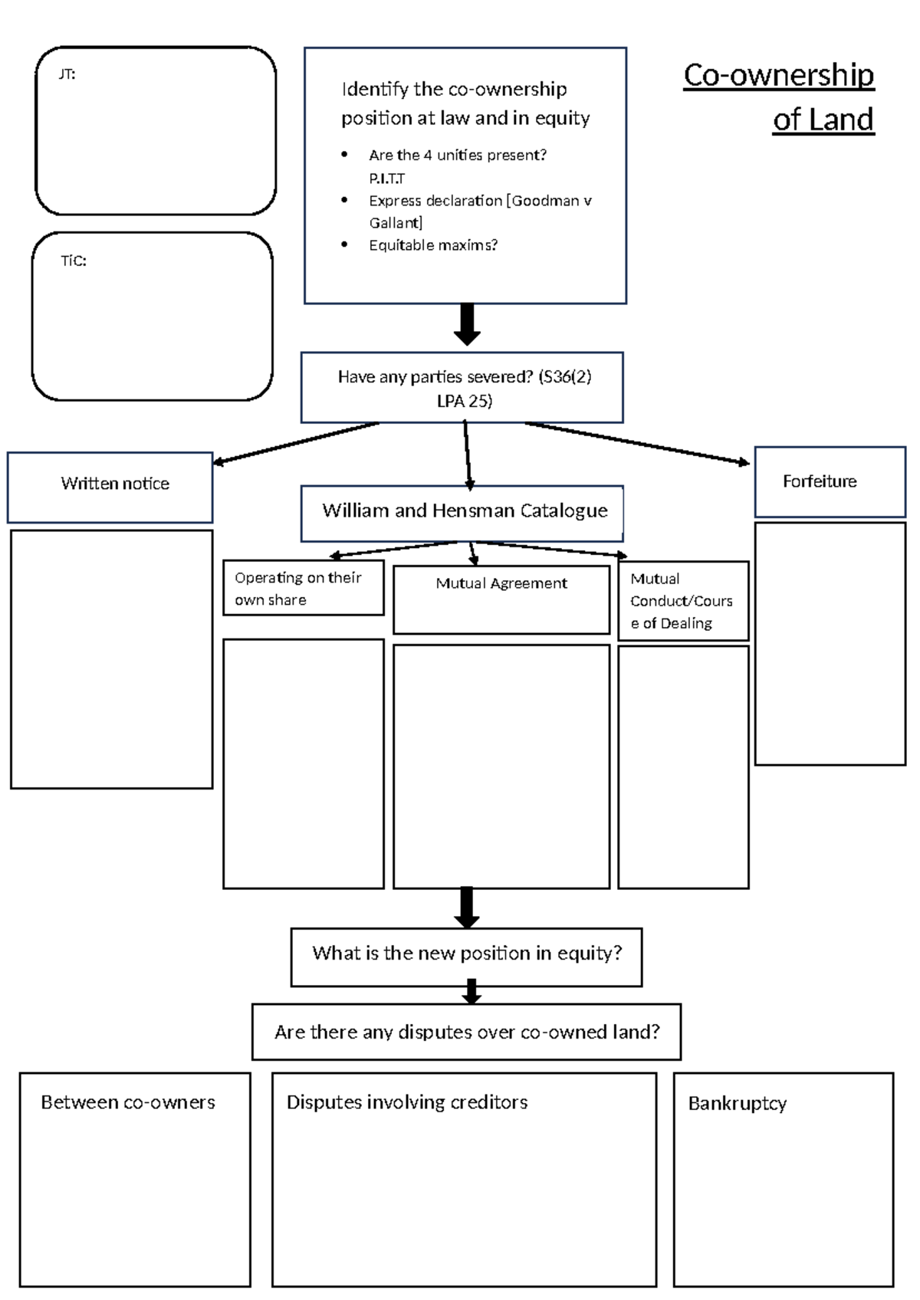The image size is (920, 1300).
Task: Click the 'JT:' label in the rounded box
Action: (67, 74)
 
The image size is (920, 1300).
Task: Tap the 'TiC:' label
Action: (74, 261)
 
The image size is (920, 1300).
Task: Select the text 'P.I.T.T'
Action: (386, 179)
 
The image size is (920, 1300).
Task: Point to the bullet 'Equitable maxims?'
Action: (432, 245)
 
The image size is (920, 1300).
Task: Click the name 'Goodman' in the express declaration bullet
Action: (545, 201)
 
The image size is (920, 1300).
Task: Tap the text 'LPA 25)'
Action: (465, 401)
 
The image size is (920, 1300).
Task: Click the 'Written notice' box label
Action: (115, 484)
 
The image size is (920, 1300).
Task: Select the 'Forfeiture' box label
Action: (820, 481)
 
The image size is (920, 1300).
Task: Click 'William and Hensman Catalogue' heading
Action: (465, 510)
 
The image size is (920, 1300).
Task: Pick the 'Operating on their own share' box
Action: (303, 588)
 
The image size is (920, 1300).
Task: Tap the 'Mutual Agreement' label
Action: (501, 583)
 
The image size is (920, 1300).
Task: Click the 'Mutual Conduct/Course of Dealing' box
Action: (682, 601)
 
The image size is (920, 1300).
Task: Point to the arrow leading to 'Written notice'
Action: (295, 442)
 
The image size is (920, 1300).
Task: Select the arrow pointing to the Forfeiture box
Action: (636, 443)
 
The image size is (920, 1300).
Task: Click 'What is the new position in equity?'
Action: (466, 954)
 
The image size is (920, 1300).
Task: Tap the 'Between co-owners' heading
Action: (128, 1102)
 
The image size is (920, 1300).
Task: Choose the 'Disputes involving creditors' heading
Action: (407, 1102)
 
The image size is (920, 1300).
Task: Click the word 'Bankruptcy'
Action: (737, 1103)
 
